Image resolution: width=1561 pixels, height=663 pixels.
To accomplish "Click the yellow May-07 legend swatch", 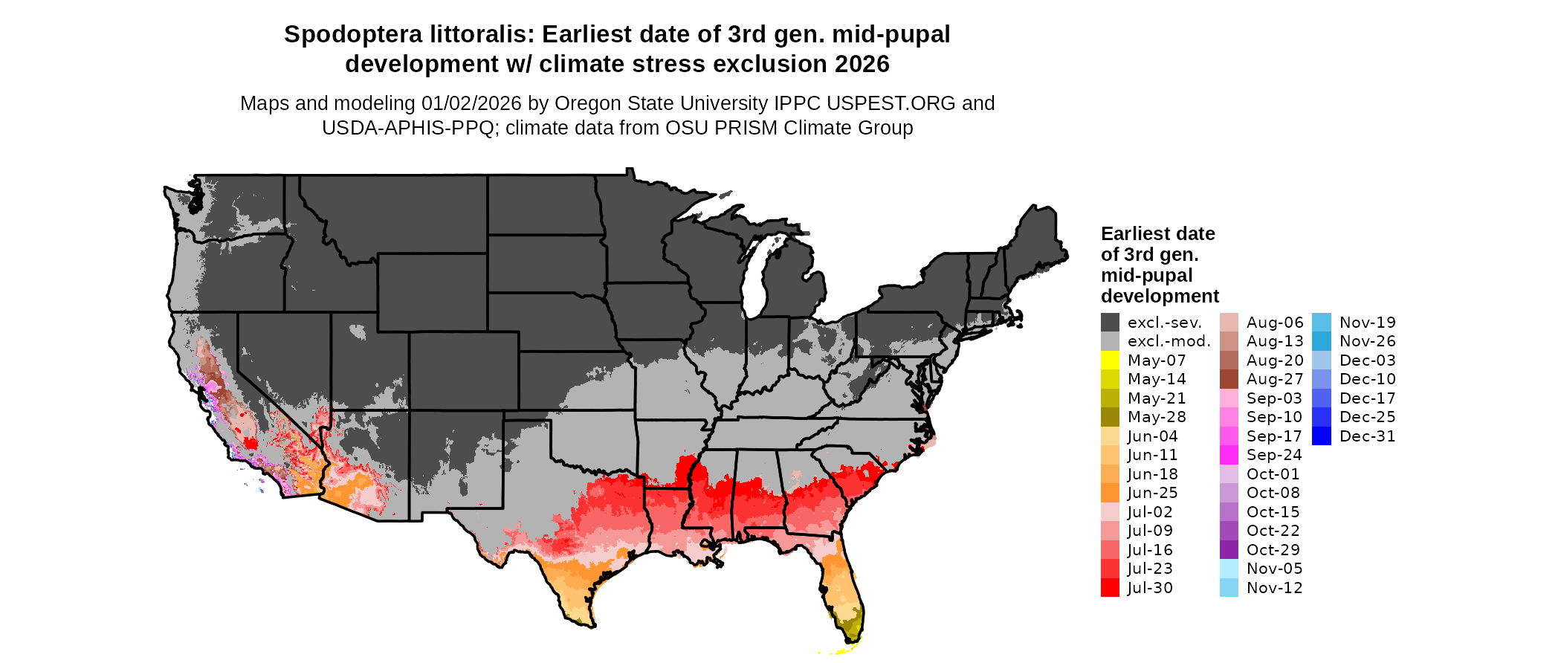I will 1110,360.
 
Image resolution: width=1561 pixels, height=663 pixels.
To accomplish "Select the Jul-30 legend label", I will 1150,588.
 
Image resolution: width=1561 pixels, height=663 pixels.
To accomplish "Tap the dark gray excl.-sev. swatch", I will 1110,323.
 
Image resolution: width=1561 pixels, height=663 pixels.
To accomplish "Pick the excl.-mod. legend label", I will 1169,341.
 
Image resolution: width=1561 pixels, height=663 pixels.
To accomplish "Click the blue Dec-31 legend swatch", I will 1321,436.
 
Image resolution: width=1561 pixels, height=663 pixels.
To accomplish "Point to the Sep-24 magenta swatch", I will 1229,455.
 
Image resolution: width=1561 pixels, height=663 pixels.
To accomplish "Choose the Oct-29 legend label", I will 1274,550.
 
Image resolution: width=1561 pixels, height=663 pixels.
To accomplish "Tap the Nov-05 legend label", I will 1274,569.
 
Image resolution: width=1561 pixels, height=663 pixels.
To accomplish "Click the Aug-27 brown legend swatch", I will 1229,379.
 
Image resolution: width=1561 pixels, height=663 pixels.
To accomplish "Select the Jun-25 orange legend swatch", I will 1110,493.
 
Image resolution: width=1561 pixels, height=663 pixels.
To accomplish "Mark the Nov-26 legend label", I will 1368,341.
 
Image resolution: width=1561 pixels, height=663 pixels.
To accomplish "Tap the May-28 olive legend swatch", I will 1110,417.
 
